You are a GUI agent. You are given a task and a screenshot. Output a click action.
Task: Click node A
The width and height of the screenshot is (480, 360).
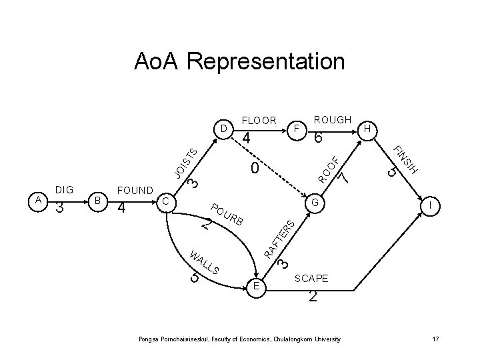coord(39,200)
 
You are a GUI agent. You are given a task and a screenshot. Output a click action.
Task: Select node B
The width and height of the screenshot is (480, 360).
coord(97,200)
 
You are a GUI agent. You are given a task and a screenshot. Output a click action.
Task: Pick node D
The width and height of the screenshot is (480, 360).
coord(224,127)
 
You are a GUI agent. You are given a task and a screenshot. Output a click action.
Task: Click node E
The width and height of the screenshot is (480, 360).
coord(257,287)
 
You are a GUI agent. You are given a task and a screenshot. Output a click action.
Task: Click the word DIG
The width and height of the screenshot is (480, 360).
coord(65,190)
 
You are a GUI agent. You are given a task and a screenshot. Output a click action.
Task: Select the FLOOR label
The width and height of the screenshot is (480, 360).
coord(259,121)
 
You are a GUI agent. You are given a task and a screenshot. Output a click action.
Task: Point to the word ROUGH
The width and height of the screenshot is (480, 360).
coord(333,119)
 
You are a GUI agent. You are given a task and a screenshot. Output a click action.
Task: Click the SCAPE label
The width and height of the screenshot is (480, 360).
coord(311,277)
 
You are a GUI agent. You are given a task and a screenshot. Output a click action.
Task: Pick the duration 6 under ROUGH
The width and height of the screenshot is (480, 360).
coord(319,139)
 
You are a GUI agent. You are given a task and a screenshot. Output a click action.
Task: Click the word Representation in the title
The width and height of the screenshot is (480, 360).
coord(266,62)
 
